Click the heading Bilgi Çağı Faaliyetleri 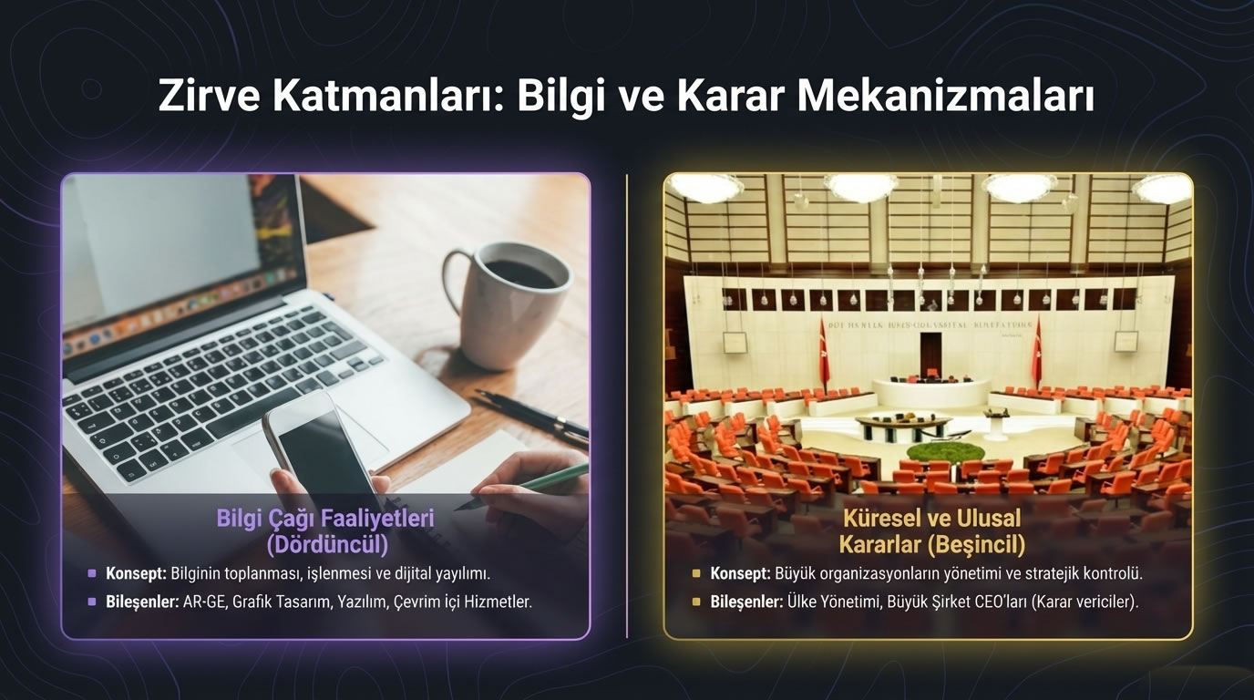click(x=325, y=519)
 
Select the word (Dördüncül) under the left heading click(x=326, y=544)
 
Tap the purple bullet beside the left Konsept click(x=91, y=574)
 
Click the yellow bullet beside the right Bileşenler click(x=696, y=602)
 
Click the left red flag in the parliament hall click(x=824, y=351)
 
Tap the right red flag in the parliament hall click(x=1036, y=351)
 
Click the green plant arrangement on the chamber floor click(x=946, y=453)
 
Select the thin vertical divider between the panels click(x=627, y=406)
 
